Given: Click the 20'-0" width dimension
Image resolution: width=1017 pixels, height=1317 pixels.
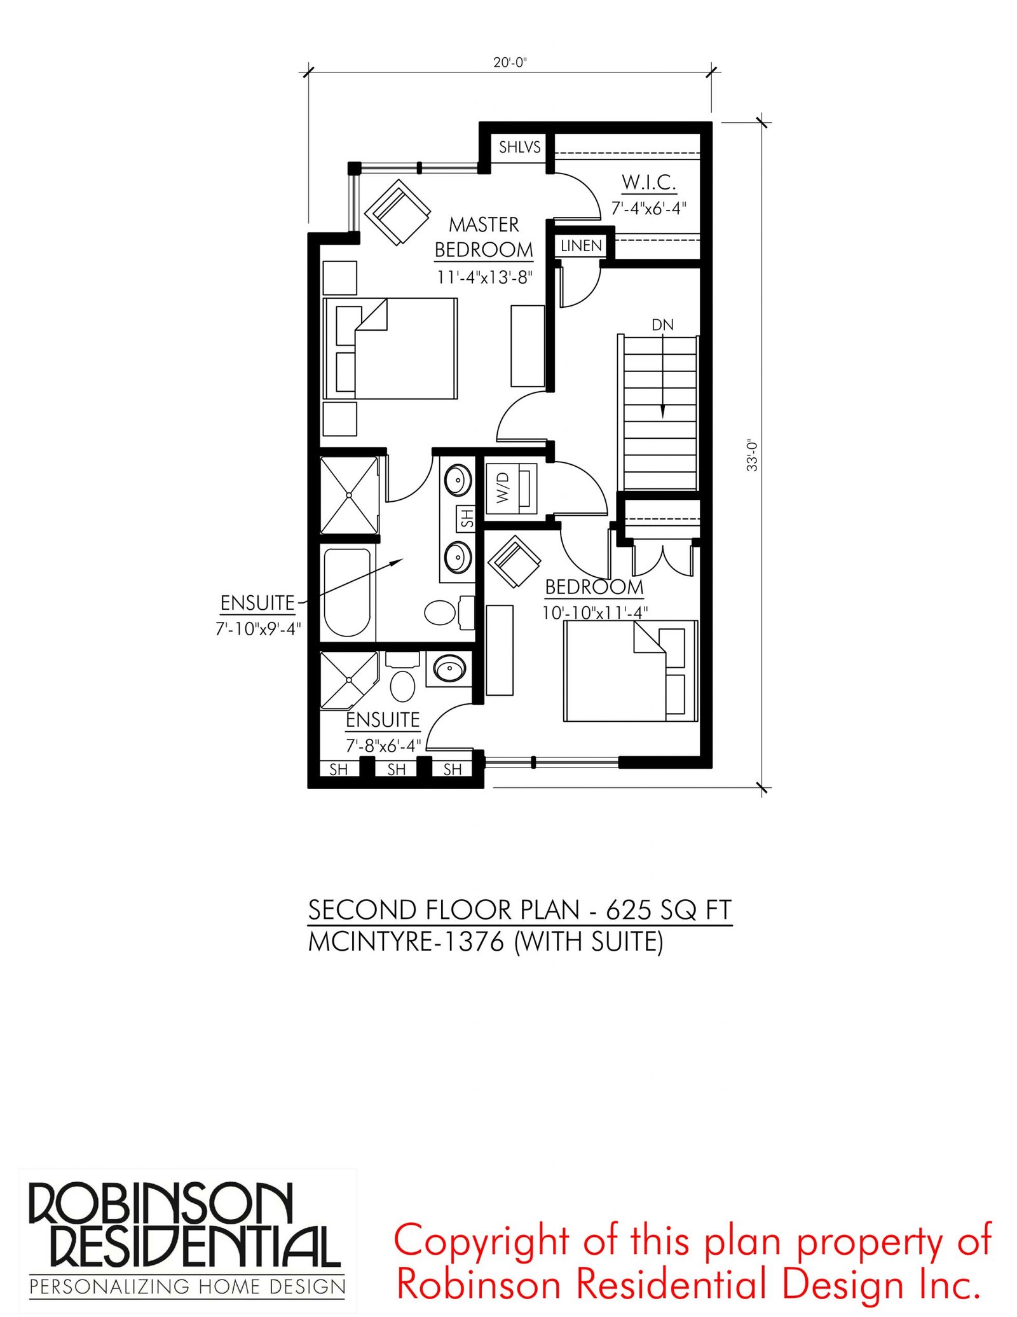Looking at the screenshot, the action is pyautogui.click(x=510, y=62).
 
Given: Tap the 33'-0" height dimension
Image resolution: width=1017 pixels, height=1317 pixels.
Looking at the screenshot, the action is pyautogui.click(x=752, y=455).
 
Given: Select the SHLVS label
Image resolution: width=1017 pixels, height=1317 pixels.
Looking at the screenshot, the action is pyautogui.click(x=519, y=148).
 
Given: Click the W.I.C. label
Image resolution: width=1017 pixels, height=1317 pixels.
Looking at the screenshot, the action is pyautogui.click(x=648, y=183).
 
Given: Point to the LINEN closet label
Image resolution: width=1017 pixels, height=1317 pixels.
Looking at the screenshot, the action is pyautogui.click(x=581, y=245).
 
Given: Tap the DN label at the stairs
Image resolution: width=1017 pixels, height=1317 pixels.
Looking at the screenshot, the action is pyautogui.click(x=662, y=325).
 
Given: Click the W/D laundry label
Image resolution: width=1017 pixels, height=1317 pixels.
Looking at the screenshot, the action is pyautogui.click(x=503, y=487).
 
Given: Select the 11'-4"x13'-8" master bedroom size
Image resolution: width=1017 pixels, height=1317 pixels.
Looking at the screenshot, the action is pyautogui.click(x=484, y=277).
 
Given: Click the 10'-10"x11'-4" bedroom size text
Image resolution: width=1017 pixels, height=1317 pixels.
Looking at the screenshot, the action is pyautogui.click(x=594, y=612).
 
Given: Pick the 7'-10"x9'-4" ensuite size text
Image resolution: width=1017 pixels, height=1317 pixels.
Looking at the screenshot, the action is pyautogui.click(x=257, y=628).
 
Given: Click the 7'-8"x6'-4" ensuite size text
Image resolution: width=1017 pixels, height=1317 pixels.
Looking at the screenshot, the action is pyautogui.click(x=383, y=745).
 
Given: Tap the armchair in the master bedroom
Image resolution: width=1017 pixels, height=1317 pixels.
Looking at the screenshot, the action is pyautogui.click(x=398, y=212).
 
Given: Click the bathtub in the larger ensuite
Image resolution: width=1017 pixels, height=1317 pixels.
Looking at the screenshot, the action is pyautogui.click(x=347, y=592).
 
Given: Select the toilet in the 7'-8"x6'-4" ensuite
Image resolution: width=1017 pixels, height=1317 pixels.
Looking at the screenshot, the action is pyautogui.click(x=402, y=678).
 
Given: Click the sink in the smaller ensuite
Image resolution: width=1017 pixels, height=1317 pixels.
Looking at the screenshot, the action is pyautogui.click(x=449, y=668).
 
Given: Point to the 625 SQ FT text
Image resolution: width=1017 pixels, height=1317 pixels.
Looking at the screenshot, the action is pyautogui.click(x=669, y=910).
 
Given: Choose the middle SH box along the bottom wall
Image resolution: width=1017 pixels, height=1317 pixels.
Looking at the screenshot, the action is pyautogui.click(x=396, y=769).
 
